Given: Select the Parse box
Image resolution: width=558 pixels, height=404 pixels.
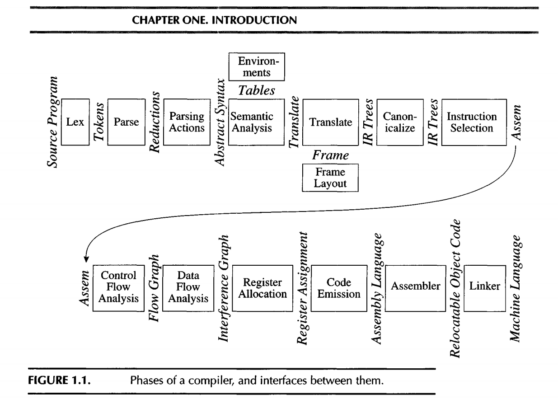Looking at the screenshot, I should [x=123, y=122].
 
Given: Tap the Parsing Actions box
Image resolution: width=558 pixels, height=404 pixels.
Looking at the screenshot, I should [x=183, y=122].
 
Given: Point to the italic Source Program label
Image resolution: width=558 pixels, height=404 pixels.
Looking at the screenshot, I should [x=54, y=115].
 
